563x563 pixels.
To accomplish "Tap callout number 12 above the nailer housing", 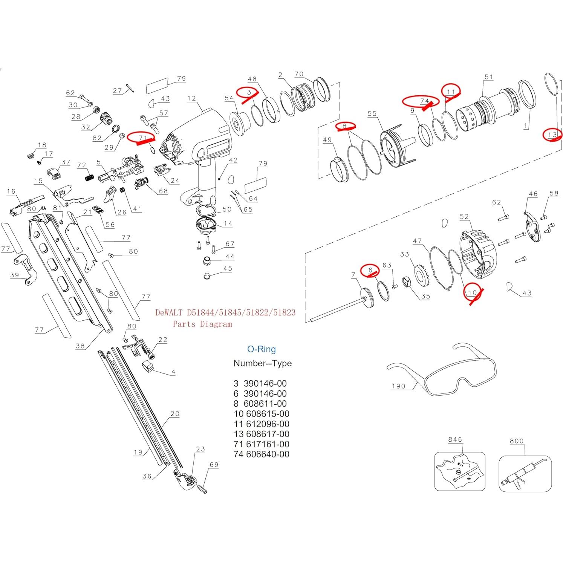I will tap(191, 98).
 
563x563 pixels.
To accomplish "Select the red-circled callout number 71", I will tap(142, 138).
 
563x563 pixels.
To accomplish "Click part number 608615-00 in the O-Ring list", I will tap(267, 414).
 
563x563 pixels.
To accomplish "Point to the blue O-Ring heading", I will tap(261, 349).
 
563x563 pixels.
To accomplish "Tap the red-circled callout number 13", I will tap(552, 135).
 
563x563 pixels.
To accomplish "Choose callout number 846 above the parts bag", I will tap(455, 439).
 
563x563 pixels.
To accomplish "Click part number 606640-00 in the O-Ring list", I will tap(267, 454).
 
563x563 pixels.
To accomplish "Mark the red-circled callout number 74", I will tap(424, 101).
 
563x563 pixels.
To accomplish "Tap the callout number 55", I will tap(372, 114).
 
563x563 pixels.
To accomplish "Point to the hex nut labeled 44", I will tap(207, 261).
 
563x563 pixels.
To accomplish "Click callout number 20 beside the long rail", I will tap(175, 414).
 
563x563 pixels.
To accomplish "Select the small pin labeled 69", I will tap(202, 489).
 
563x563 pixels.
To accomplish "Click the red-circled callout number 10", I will tap(472, 292).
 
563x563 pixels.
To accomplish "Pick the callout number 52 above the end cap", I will tap(464, 217).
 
